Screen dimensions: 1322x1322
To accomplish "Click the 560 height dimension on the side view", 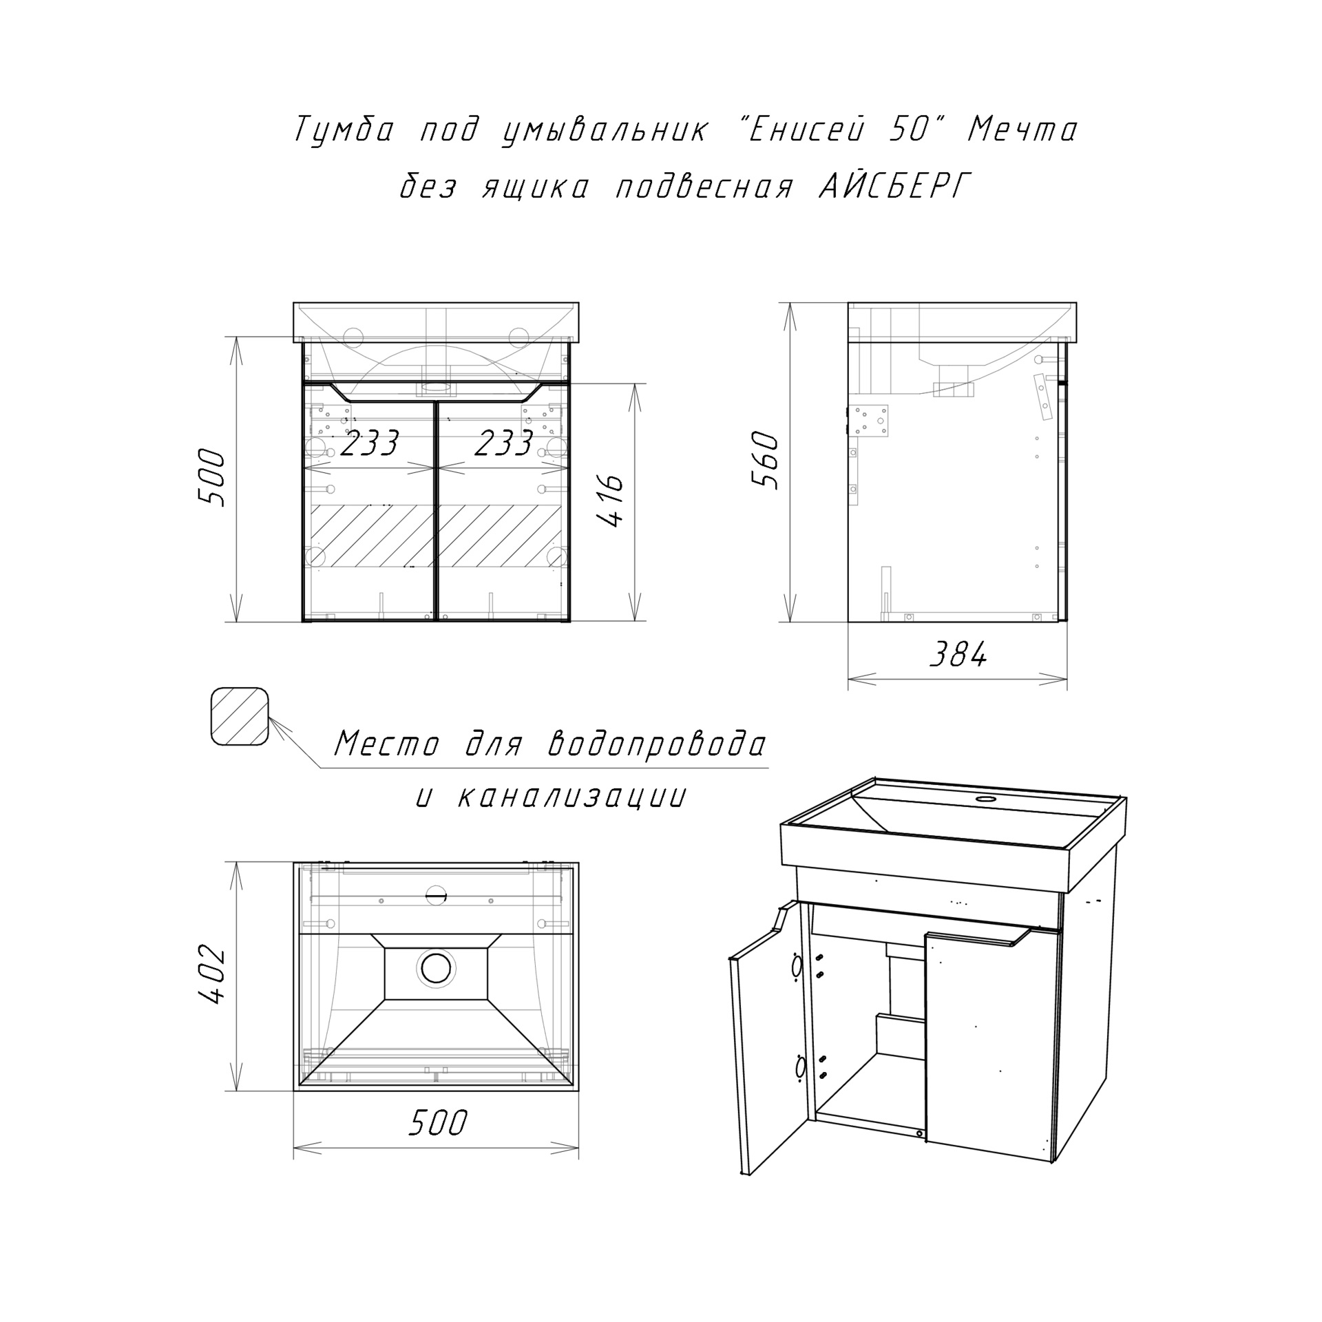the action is (765, 460).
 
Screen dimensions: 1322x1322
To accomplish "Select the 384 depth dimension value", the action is (958, 654).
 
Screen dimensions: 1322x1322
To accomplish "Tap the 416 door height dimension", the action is (611, 501).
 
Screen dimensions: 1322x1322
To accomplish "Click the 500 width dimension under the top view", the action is (438, 1123).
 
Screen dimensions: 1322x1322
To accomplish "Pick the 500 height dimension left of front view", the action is (211, 479).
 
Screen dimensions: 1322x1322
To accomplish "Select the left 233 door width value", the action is (369, 443).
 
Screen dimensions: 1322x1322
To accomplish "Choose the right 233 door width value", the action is (504, 443).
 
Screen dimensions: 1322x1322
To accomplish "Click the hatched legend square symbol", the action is (239, 716).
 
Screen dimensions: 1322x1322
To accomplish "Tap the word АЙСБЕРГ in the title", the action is (894, 185).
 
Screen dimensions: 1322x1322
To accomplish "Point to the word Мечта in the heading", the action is (1022, 129).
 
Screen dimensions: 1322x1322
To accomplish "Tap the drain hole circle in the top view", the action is (436, 968).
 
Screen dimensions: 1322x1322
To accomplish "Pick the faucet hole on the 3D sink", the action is (986, 800).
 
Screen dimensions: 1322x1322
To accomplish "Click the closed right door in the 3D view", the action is (992, 1047).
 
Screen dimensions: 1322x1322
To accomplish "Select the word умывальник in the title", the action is (604, 129).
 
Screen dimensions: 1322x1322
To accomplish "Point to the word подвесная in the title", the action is (704, 186).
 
